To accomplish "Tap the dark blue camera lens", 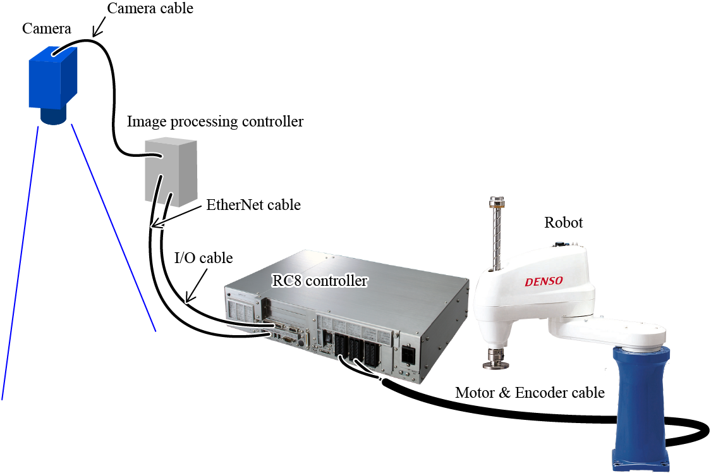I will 53,116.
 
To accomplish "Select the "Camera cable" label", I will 150,8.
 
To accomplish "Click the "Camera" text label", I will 46,28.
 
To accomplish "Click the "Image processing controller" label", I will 215,121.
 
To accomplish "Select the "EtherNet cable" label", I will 253,205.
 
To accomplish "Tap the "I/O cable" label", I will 204,258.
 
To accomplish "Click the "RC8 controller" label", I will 319,280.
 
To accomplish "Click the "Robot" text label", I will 563,223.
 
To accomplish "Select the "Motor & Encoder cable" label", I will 530,393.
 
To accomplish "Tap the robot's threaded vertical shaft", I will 494,234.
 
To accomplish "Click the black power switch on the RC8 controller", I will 408,355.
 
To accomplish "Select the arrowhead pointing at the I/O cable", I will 188,297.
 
